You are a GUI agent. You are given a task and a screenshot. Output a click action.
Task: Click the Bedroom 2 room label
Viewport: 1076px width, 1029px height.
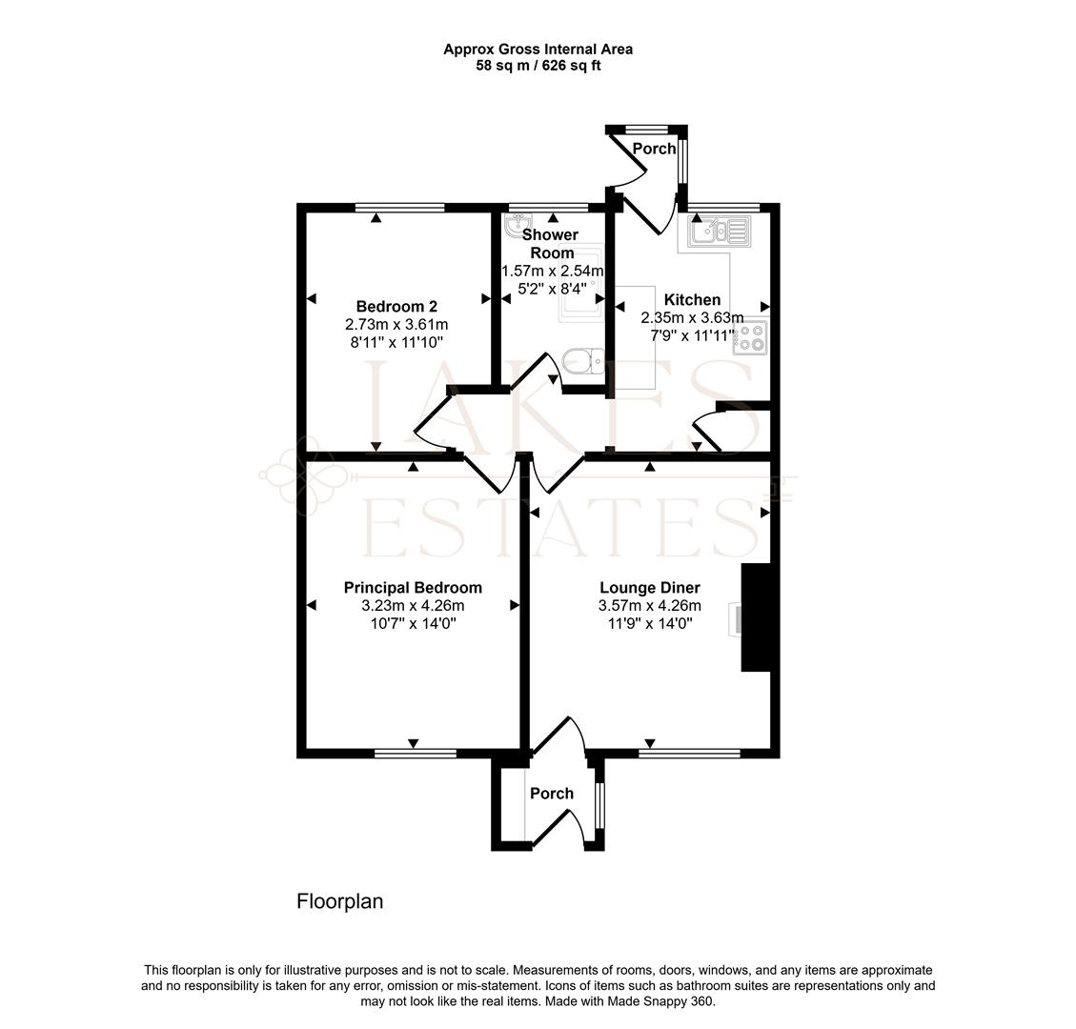[x=396, y=306]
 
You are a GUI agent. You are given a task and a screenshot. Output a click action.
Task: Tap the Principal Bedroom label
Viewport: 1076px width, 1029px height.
[x=413, y=588]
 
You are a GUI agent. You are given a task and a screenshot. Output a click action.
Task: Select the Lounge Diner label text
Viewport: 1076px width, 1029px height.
[x=649, y=588]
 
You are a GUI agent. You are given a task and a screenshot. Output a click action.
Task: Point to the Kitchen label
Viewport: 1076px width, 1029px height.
[x=692, y=300]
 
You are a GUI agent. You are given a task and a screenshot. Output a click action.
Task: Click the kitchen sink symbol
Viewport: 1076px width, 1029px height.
[x=721, y=230]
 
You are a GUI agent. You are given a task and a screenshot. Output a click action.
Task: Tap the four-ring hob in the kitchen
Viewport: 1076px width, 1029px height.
[x=748, y=339]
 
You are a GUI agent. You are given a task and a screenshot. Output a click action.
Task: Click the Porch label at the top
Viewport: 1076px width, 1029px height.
[x=654, y=149]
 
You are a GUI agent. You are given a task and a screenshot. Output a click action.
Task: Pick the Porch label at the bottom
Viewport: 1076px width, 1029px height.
[x=552, y=794]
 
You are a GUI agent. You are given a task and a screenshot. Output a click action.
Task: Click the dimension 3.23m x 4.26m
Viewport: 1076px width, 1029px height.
[x=413, y=606]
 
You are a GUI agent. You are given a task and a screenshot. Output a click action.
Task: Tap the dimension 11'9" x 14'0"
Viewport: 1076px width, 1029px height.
[x=649, y=623]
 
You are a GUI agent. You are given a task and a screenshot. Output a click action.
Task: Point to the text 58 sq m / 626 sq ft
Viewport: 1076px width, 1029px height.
[x=538, y=66]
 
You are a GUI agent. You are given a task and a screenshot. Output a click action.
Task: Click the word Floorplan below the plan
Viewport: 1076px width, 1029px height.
[x=340, y=900]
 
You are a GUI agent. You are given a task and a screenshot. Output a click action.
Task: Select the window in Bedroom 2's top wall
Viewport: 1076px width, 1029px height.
[x=399, y=208]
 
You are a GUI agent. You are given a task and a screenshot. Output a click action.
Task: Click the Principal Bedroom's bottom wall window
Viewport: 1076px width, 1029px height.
[x=415, y=754]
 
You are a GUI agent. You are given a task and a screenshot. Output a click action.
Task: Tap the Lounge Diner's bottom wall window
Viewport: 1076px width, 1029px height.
[x=689, y=754]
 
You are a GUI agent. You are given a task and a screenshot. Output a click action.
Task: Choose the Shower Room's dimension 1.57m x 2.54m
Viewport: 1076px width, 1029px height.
[x=552, y=271]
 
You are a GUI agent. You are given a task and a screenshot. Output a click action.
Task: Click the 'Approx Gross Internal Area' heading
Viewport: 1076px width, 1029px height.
[x=538, y=49]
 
